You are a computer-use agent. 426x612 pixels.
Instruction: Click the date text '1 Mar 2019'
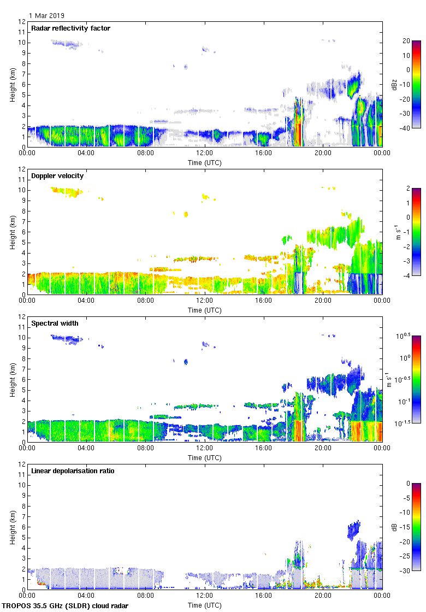(46, 16)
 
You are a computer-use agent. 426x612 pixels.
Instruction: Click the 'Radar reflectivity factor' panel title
(70, 28)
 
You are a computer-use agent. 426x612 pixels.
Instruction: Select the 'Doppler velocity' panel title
(57, 176)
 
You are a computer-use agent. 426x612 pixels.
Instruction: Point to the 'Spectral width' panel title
(55, 323)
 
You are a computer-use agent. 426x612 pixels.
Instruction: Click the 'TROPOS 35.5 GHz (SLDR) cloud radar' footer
(66, 606)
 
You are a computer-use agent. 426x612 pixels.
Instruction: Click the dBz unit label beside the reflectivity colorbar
(394, 84)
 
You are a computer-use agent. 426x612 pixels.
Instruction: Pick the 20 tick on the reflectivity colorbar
(406, 41)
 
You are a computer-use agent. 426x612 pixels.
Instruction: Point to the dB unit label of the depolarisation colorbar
(394, 527)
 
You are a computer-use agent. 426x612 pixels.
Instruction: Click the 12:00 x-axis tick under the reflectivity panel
(205, 153)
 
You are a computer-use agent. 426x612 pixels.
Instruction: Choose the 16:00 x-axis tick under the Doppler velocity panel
(264, 301)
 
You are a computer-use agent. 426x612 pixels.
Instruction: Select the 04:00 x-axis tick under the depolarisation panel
(86, 596)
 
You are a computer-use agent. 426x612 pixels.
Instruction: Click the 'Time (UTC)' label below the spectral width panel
(205, 457)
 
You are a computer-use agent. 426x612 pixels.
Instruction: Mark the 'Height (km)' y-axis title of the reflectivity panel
(12, 84)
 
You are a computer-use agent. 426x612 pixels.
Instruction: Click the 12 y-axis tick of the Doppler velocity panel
(21, 169)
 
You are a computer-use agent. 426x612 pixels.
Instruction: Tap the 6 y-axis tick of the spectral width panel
(22, 380)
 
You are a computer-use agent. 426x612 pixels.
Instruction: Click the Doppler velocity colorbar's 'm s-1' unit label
(394, 232)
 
